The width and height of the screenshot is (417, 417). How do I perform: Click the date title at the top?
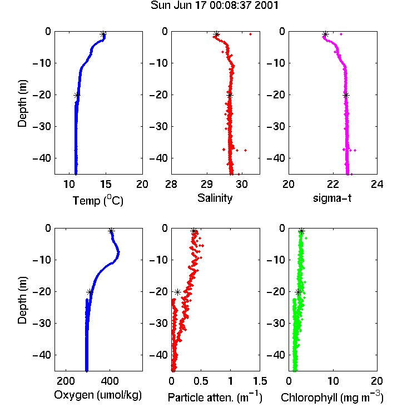tap(215, 6)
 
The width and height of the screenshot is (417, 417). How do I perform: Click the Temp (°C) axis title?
tap(98, 200)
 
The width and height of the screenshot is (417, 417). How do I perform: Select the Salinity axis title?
tap(215, 198)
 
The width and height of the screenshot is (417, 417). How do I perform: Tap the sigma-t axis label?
tap(332, 198)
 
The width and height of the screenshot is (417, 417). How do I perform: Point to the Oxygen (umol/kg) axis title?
tap(98, 395)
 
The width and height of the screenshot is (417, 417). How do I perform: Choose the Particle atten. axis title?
tap(215, 397)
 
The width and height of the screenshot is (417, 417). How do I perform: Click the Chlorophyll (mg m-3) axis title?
tap(332, 397)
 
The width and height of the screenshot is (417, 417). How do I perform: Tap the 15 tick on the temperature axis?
tap(106, 184)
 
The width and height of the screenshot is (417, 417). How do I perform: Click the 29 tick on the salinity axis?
tap(207, 184)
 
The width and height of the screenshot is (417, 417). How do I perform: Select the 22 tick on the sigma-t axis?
tap(332, 184)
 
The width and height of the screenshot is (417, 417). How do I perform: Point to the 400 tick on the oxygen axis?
tap(110, 381)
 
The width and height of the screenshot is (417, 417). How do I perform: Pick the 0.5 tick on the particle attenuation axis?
tap(201, 381)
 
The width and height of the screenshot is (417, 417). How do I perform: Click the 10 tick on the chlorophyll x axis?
tap(332, 381)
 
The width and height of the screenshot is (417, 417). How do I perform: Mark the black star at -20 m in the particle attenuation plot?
tap(177, 292)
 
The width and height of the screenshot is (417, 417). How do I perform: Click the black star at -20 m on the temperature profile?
tap(77, 96)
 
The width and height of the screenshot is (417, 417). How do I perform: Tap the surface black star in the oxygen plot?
tap(111, 231)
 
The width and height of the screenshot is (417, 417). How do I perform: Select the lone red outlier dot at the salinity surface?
tap(250, 34)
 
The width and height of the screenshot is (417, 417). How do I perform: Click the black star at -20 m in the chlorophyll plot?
tap(299, 292)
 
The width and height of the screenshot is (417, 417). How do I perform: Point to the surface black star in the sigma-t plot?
tap(325, 34)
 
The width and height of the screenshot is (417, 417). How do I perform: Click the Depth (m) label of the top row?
tap(22, 103)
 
